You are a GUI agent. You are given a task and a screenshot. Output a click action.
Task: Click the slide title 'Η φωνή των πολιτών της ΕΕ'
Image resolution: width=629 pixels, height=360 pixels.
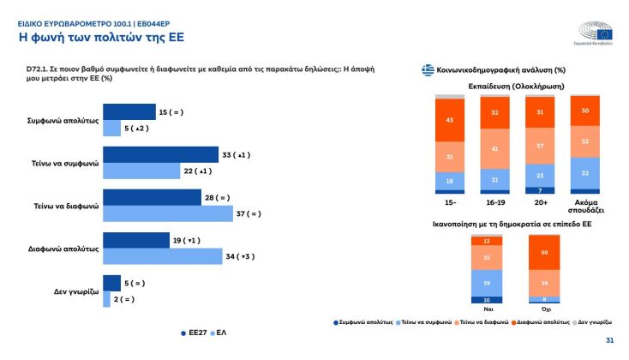(101, 37)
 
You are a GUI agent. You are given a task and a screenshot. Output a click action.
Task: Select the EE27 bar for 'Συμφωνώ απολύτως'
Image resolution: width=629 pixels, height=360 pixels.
(129, 112)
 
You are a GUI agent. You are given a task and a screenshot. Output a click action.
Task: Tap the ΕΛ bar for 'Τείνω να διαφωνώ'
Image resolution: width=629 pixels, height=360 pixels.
(168, 213)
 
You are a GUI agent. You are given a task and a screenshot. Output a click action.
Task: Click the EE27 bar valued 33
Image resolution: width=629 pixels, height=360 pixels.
(161, 155)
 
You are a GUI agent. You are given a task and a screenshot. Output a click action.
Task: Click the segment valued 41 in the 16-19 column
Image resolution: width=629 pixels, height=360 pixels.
(495, 149)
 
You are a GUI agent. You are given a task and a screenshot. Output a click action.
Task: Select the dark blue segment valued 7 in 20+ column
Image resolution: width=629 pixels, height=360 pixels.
(540, 190)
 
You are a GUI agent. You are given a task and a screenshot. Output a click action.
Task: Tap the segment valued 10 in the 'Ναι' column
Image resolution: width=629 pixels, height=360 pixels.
(487, 299)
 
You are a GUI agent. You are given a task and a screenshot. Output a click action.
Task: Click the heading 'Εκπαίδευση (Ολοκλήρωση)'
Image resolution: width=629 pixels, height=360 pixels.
(517, 86)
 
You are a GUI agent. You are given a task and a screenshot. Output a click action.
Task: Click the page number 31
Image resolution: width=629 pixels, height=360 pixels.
(609, 340)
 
